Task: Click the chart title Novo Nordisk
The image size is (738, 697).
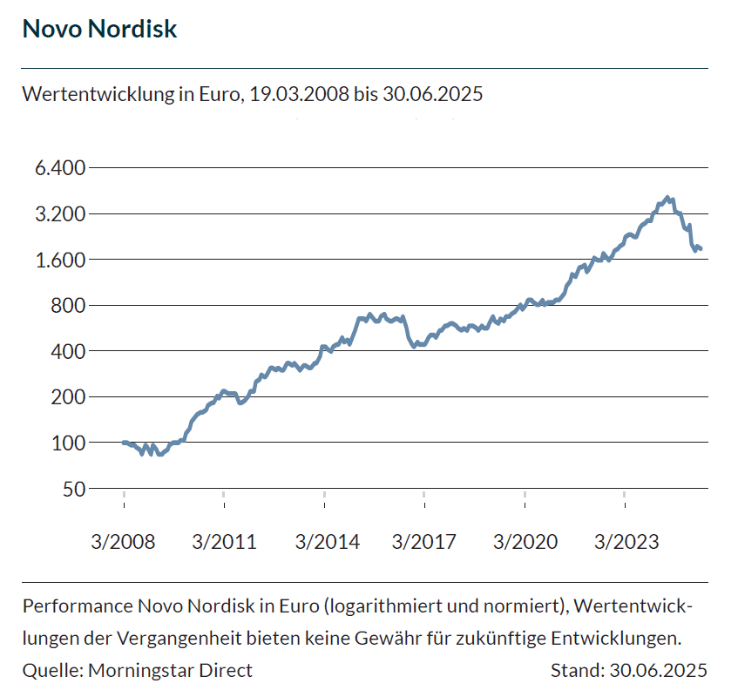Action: click(99, 29)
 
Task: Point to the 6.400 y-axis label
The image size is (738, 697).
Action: click(61, 167)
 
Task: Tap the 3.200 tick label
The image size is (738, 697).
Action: click(61, 213)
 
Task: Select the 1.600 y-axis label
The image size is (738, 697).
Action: click(61, 260)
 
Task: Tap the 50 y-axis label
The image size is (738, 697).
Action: click(74, 489)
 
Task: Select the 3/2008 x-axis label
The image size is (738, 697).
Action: click(123, 542)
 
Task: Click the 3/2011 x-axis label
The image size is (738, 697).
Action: click(224, 542)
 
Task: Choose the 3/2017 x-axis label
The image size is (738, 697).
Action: click(424, 542)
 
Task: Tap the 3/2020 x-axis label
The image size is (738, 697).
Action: click(525, 542)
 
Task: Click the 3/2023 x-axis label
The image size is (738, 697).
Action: click(625, 542)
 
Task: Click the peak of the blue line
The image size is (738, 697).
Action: click(667, 198)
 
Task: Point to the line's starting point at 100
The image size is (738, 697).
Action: click(124, 443)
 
